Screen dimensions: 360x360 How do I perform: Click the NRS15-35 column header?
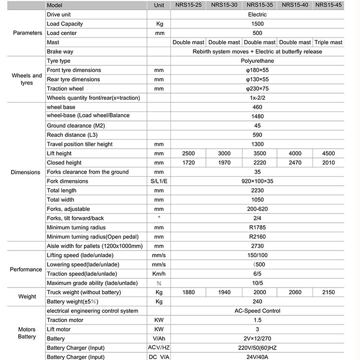pos(259,5)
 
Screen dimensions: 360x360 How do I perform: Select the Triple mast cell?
pos(328,42)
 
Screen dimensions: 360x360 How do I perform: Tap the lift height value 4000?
pos(295,154)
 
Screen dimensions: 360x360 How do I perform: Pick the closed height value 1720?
pos(189,163)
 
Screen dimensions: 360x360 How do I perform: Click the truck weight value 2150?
pos(328,292)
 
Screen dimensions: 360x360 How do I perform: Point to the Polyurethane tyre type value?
pos(257,61)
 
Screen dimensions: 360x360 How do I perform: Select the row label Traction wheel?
pos(65,89)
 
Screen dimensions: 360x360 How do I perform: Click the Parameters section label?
pos(27,33)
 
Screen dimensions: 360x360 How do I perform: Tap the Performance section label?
pos(26,269)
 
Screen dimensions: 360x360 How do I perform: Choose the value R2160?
pos(257,237)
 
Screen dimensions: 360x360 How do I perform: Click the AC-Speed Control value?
pos(257,311)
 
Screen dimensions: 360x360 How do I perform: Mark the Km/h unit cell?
pos(159,274)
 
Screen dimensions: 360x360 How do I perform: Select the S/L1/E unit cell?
pos(159,181)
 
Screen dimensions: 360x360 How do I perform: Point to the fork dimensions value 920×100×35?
pos(257,181)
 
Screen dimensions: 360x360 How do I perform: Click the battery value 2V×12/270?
pos(257,339)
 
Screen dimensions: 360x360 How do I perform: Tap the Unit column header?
pos(159,5)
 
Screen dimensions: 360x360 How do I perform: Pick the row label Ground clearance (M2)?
pos(76,126)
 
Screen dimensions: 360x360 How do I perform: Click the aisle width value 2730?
pos(257,246)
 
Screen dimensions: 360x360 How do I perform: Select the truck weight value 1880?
pos(189,292)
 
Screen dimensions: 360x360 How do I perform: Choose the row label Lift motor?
pos(59,329)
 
